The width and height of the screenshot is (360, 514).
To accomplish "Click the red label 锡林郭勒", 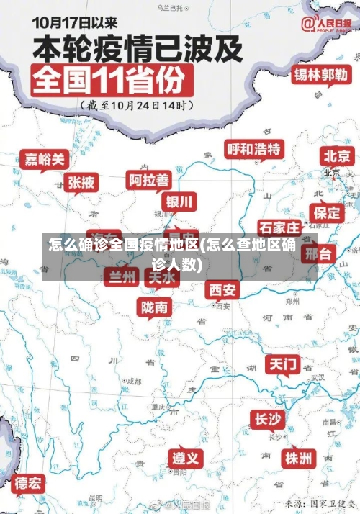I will (x=321, y=74).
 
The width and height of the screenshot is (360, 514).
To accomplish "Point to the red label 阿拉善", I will (x=149, y=179).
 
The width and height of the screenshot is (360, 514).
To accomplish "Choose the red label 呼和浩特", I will (x=254, y=149).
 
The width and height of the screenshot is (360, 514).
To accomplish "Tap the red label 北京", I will (x=336, y=155).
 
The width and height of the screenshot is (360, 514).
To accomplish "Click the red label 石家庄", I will (x=279, y=228).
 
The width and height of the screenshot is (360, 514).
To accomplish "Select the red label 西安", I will (x=222, y=289).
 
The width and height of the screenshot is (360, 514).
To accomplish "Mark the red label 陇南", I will (x=155, y=307).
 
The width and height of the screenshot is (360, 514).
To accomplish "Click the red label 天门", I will (x=283, y=364).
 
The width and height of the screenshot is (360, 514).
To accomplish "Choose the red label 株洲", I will (x=297, y=458).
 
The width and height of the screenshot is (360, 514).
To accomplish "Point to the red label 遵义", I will (x=186, y=458).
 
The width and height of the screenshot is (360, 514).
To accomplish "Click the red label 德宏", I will (x=29, y=482).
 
